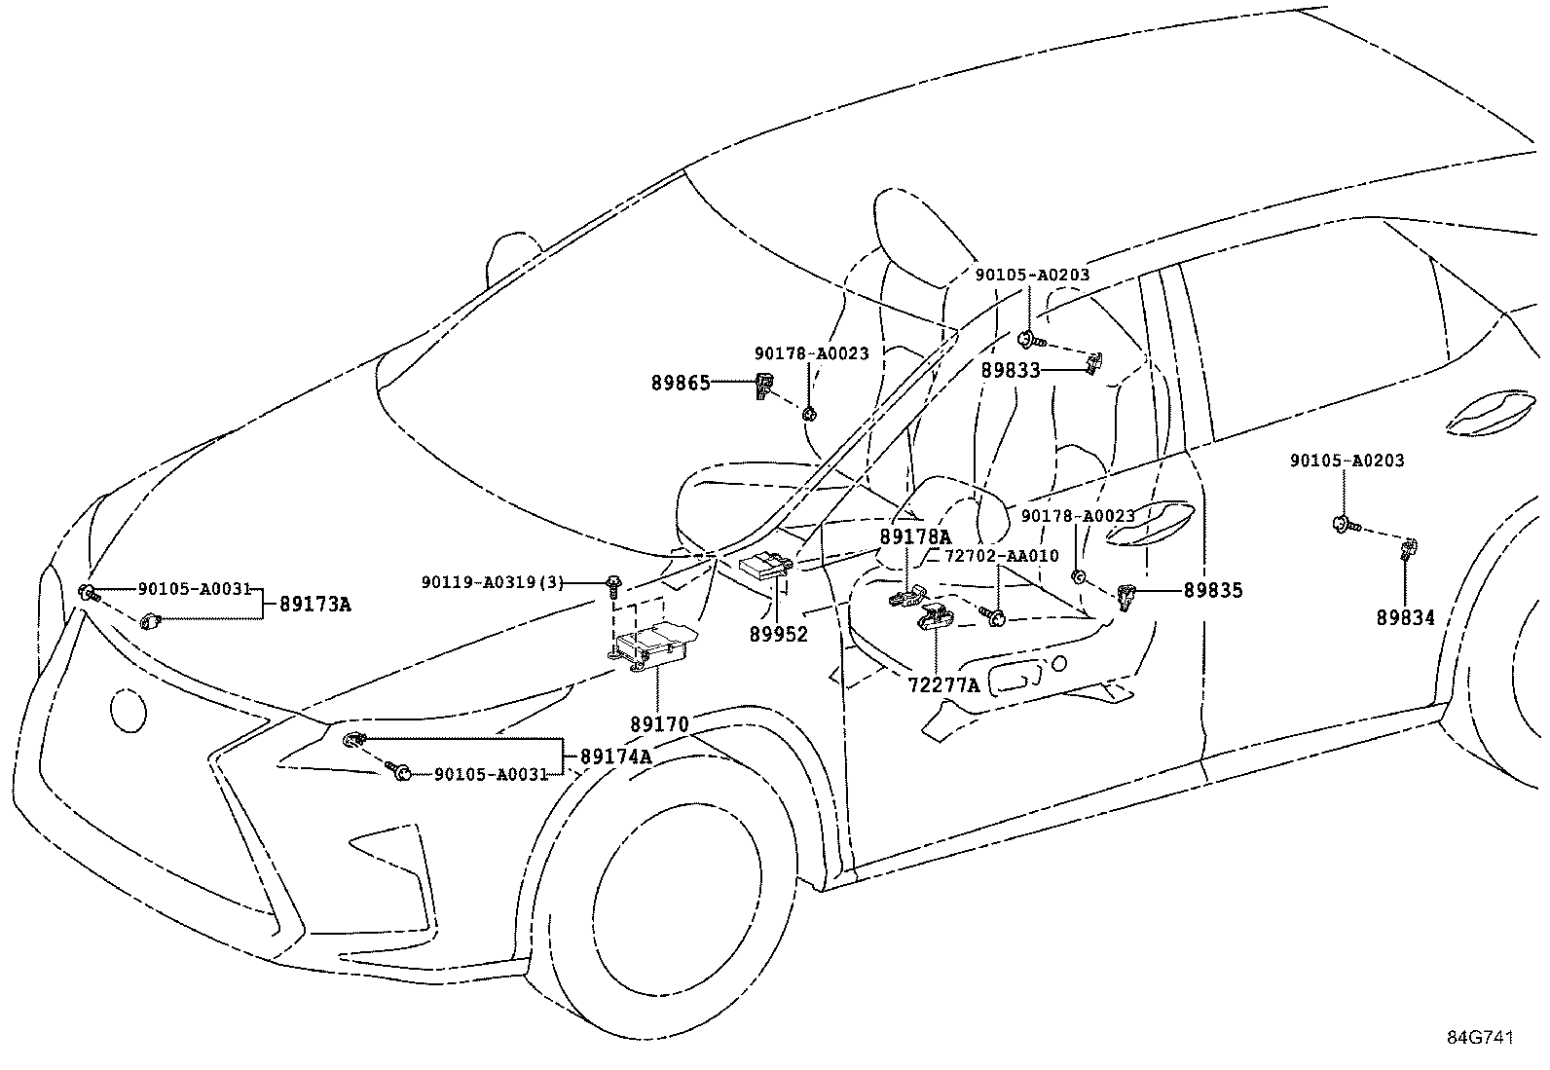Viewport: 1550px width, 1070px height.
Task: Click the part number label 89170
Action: pos(659,724)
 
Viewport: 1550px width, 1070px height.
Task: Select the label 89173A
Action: pos(314,604)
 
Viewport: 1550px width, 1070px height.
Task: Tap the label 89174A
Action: pos(615,756)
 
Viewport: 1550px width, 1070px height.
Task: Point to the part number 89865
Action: pos(682,384)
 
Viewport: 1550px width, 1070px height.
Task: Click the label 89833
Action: pos(1011,370)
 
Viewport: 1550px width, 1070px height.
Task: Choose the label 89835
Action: pos(1213,590)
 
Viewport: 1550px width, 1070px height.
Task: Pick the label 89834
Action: pos(1405,617)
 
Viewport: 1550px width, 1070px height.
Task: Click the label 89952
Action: pos(779,634)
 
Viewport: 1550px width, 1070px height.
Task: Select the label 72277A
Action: pos(943,685)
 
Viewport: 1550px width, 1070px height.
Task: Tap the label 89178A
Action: pos(915,536)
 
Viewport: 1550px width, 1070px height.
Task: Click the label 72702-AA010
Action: pos(1002,556)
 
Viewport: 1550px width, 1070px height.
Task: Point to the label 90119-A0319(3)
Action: pos(493,582)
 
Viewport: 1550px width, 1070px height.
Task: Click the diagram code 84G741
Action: pos(1479,1038)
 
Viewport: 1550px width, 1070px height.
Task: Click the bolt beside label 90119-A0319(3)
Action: pos(612,583)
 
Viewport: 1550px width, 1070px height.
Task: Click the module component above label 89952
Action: pos(766,566)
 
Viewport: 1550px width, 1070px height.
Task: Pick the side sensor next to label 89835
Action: pos(1126,595)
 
